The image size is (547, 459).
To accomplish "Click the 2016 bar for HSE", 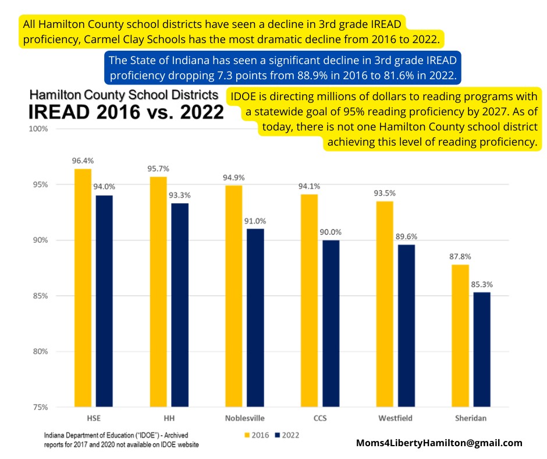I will point(83,288).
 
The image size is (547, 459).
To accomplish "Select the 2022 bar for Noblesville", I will point(255,317).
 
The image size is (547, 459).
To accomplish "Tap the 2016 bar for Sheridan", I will point(460,336).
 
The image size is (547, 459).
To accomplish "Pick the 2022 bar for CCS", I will point(331,323).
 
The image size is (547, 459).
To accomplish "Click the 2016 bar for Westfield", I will point(385,303).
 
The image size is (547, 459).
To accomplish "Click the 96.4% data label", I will point(83,160).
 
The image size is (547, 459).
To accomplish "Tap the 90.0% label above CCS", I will point(331,232).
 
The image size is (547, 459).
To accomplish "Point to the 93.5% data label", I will point(385,193).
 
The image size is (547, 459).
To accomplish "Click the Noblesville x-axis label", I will point(244,418).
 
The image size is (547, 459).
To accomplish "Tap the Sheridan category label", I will point(471,418).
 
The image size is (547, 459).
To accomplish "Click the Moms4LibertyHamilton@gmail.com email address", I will point(439,443).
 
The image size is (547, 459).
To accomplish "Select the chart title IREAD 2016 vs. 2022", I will point(126,110).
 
